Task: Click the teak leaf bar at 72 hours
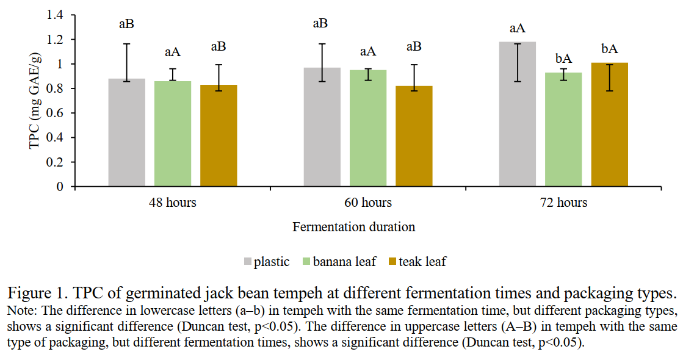609,124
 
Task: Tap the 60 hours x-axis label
367,203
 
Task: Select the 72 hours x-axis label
563,203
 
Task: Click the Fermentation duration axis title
354,227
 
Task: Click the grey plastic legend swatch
247,262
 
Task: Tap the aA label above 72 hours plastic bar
518,28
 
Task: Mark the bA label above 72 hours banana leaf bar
563,59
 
